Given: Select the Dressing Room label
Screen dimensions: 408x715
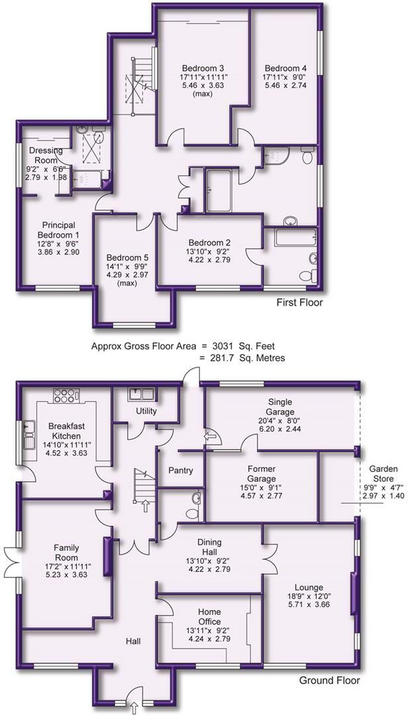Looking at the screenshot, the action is click(44, 156).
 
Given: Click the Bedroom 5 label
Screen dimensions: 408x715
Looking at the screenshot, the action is click(125, 257).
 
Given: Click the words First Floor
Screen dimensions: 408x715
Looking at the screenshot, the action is click(299, 303).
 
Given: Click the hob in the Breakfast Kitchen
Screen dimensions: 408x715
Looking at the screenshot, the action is click(66, 395).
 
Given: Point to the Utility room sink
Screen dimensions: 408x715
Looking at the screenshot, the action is click(142, 394).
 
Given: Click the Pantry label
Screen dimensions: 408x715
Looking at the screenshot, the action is click(181, 470).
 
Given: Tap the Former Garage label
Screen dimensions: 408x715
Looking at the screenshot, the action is click(262, 474).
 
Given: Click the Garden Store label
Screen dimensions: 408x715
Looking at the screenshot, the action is click(383, 474).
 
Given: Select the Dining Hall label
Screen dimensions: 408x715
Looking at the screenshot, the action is click(209, 548).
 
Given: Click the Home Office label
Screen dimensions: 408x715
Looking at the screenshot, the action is click(209, 616).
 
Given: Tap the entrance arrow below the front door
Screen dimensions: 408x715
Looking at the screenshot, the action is click(134, 708).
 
